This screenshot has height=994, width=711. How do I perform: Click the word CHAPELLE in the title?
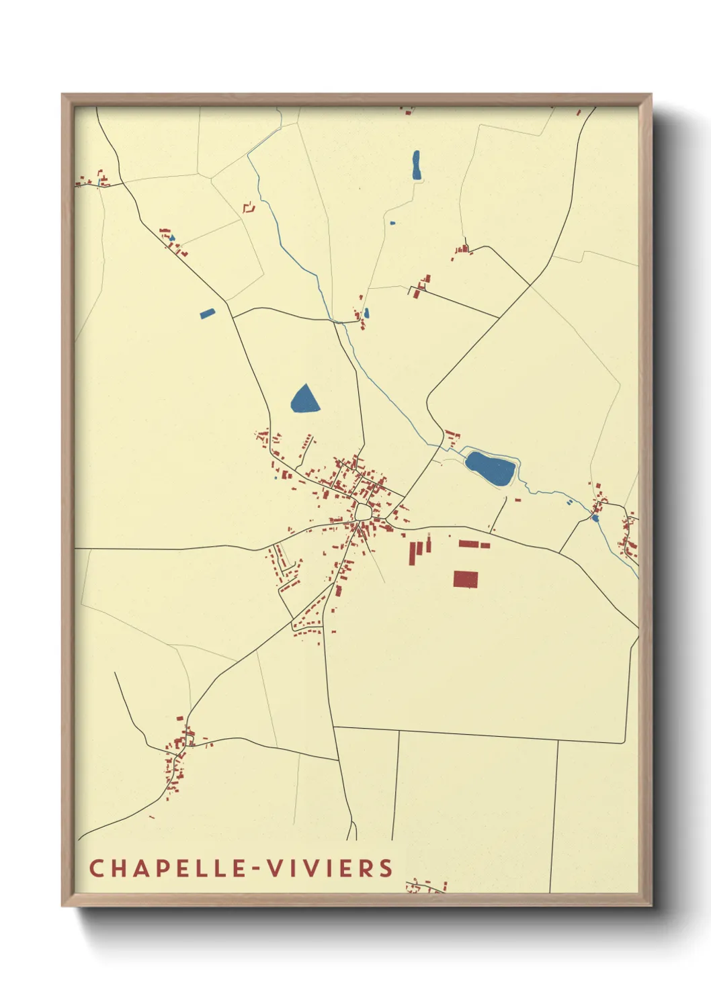(168, 868)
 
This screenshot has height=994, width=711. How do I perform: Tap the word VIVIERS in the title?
(329, 868)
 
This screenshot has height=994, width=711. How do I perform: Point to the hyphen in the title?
(255, 869)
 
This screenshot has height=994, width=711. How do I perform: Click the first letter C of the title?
(96, 868)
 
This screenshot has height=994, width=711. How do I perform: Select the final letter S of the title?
(386, 868)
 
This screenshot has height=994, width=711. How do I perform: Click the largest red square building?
(465, 579)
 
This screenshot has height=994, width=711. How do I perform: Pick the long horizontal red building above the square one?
(474, 544)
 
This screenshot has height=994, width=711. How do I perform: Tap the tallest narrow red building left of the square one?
(413, 553)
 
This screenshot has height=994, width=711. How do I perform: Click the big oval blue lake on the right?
(491, 468)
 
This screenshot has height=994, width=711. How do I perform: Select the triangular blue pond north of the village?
(304, 400)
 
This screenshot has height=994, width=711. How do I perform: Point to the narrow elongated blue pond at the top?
(416, 165)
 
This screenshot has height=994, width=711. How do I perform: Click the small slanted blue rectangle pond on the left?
(207, 313)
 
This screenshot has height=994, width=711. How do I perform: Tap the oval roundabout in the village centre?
(364, 512)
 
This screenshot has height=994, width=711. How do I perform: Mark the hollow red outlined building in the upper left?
(249, 208)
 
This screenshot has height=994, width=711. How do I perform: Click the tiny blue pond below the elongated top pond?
(392, 222)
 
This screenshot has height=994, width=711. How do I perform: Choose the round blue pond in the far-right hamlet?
(595, 518)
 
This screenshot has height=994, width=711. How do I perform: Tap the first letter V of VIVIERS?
(274, 868)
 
